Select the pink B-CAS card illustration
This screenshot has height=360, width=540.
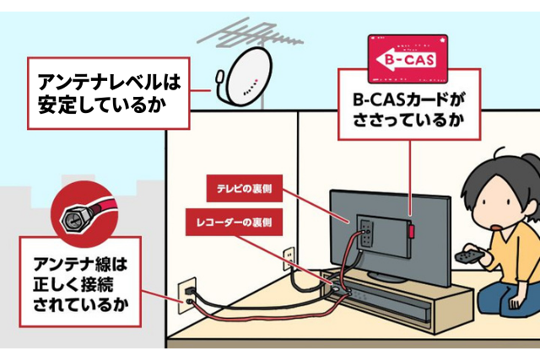click(407, 58)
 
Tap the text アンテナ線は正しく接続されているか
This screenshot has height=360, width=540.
click(81, 281)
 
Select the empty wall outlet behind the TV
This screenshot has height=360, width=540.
click(287, 254)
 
